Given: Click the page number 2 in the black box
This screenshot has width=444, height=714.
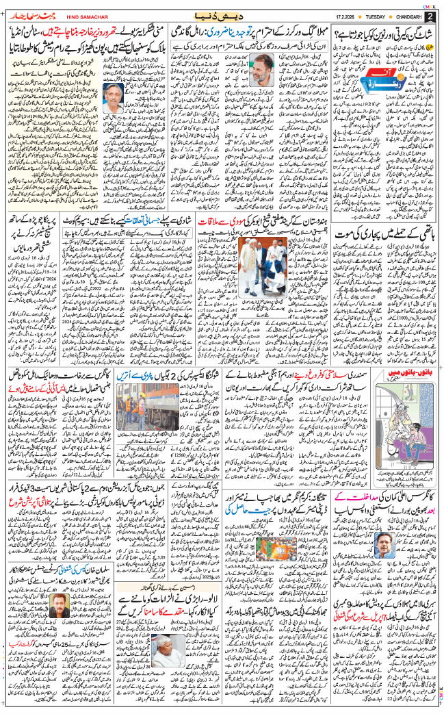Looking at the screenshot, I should coord(430,16).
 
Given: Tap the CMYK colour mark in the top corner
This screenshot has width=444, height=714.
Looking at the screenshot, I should coord(429,5).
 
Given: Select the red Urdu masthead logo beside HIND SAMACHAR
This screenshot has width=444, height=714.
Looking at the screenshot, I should coord(34,15).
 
